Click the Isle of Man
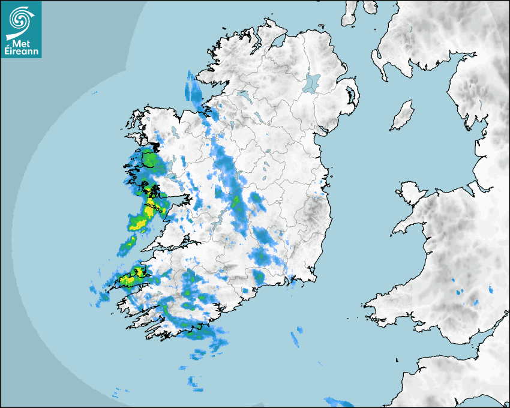tap(403, 116)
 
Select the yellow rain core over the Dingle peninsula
tap(127, 279)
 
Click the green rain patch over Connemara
tap(148, 161)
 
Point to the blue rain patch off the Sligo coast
tap(194, 90)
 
